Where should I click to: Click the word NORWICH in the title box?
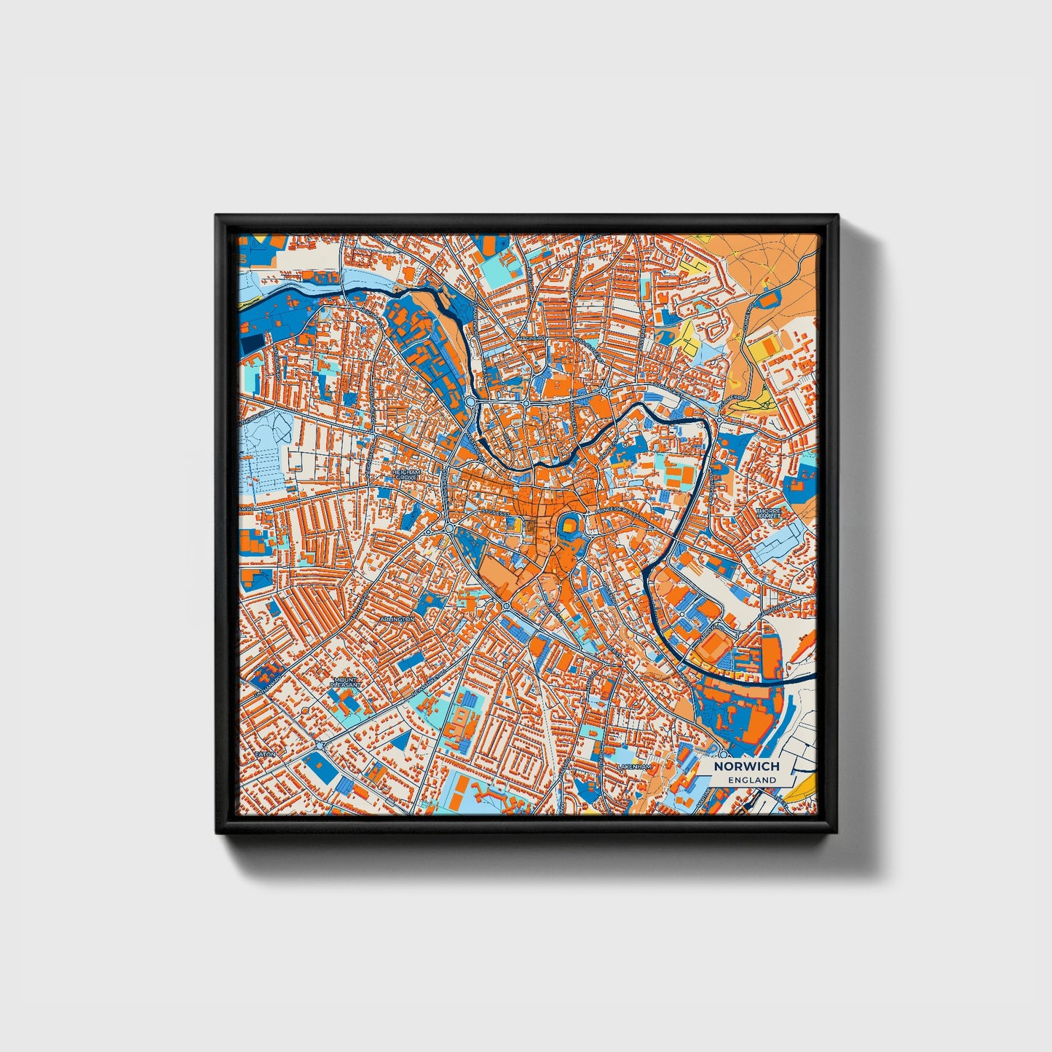746,766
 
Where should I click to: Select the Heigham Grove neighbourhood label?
406,475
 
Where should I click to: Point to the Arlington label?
397,619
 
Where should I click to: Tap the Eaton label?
265,754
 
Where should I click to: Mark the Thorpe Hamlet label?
768,514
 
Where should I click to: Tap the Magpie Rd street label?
531,339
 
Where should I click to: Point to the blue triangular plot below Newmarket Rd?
400,740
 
